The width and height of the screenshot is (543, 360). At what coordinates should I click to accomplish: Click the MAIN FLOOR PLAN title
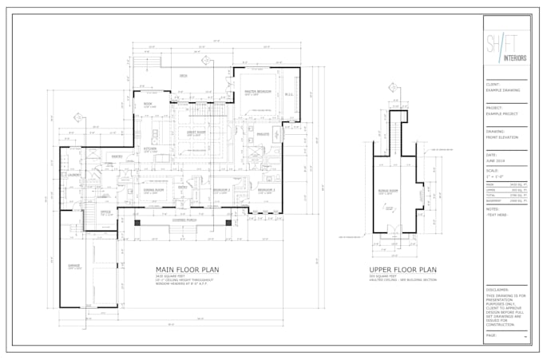click(187, 270)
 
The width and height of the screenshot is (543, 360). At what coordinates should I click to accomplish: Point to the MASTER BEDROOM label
click(257, 92)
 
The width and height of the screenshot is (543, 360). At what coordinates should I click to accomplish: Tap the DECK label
click(183, 76)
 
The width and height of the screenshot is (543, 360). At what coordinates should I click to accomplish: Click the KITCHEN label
click(149, 149)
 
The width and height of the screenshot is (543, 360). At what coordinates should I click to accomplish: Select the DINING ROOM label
click(153, 190)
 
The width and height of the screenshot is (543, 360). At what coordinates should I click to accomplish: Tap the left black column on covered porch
click(137, 222)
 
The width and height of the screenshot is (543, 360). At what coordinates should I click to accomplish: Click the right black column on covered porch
click(228, 222)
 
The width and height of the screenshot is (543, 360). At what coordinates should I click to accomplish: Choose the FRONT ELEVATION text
click(501, 137)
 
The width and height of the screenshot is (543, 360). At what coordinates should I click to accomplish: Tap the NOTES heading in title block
click(493, 210)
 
